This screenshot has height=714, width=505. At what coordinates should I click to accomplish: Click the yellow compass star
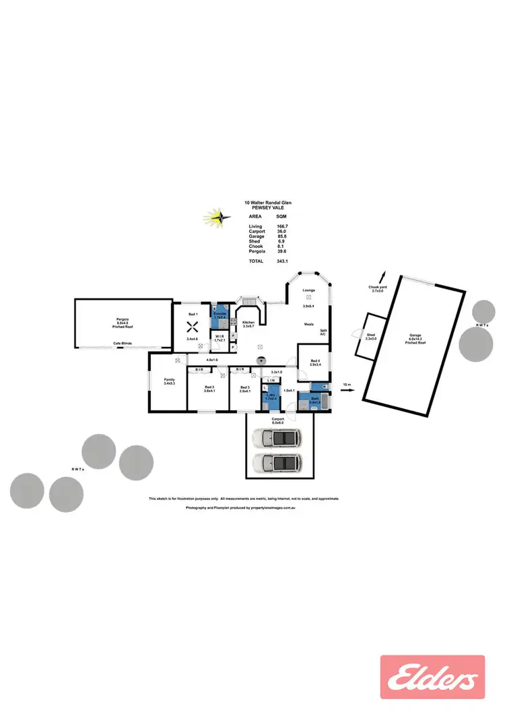pyautogui.click(x=217, y=218)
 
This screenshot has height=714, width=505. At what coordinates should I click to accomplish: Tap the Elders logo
pyautogui.click(x=432, y=677)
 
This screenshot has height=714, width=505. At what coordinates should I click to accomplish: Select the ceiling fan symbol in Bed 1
pyautogui.click(x=192, y=329)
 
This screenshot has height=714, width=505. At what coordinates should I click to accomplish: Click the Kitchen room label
pyautogui.click(x=248, y=323)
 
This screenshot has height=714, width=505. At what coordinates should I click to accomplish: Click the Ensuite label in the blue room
pyautogui.click(x=220, y=314)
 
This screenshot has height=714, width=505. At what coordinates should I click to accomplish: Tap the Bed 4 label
pyautogui.click(x=315, y=362)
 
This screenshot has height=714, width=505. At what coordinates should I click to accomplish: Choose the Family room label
pyautogui.click(x=169, y=380)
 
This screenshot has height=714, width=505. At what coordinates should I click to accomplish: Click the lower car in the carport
pyautogui.click(x=277, y=463)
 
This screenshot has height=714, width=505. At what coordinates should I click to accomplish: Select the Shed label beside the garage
pyautogui.click(x=370, y=335)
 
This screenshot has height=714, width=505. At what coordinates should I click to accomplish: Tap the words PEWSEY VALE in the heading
pyautogui.click(x=267, y=207)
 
